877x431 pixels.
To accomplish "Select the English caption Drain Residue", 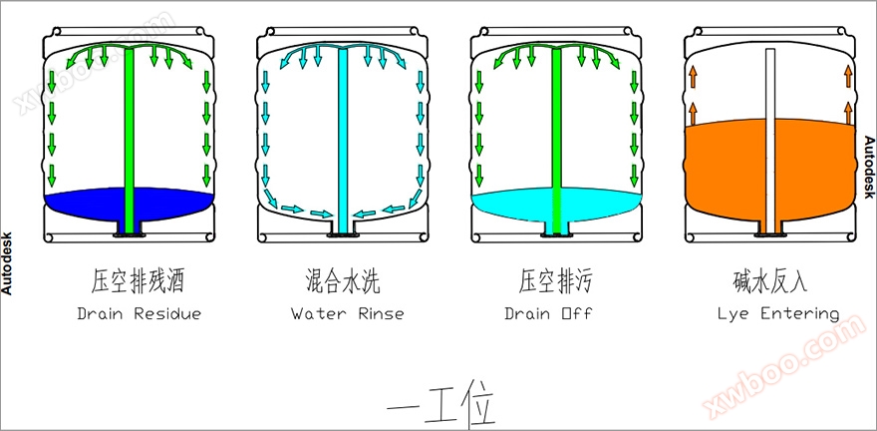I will coord(140,313).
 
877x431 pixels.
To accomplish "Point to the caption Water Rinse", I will coord(347,313).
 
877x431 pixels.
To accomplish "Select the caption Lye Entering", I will coord(778,313).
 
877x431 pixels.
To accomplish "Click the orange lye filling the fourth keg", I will coord(728,170).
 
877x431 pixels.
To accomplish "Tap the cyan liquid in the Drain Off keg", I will coord(508,206).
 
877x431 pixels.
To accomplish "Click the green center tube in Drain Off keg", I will coord(556,130).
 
